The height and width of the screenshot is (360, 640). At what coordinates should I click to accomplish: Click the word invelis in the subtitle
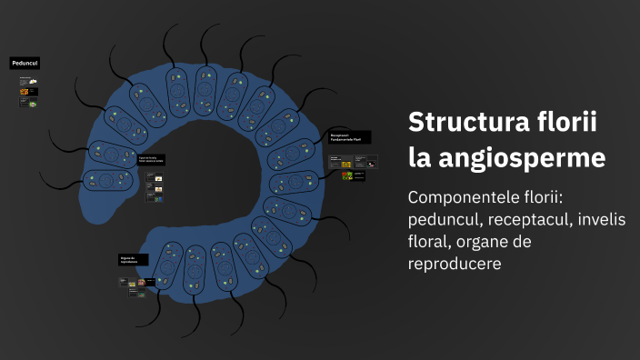coord(609,220)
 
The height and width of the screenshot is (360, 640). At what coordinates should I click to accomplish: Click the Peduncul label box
coord(25,63)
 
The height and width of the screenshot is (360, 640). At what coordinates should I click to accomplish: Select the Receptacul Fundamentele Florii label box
coord(350,137)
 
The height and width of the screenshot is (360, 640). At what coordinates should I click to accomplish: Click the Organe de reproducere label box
coord(133,260)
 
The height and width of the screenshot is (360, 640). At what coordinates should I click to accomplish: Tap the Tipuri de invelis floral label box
coord(151,160)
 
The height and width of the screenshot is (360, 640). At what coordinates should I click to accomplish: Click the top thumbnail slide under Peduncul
coord(28,81)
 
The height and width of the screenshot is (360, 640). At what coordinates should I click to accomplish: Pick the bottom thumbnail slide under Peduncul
coord(28,103)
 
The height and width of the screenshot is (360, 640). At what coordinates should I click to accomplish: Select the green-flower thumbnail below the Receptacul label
coord(347,175)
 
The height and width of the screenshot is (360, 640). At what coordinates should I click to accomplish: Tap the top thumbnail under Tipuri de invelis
coord(154,176)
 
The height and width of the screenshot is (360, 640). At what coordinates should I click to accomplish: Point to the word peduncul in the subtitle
coord(445,220)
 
